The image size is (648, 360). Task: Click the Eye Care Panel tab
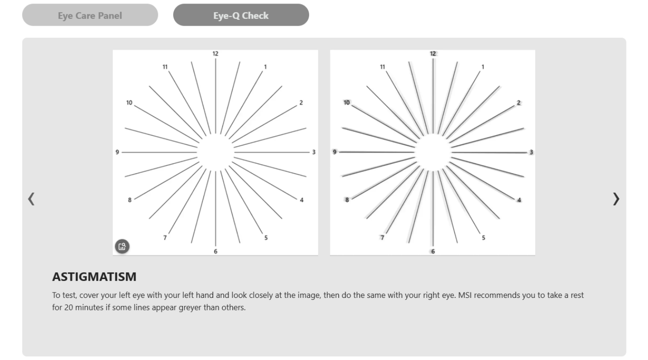point(90,15)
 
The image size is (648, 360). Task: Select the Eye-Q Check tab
point(241,15)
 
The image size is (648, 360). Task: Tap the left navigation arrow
point(31,199)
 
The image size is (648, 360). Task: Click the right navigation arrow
point(616,199)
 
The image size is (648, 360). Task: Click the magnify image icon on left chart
point(122,247)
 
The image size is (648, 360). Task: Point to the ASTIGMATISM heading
point(94,277)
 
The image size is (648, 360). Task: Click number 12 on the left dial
point(215,54)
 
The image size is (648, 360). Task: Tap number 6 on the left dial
point(216,252)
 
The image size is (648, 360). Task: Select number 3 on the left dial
point(314,152)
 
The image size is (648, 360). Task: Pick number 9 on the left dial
point(117,152)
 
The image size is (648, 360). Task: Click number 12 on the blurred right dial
point(433,54)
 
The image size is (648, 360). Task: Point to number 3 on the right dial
point(531,152)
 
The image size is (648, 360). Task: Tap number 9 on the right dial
point(334,152)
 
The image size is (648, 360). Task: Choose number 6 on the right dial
point(433,252)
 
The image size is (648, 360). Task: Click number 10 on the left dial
point(129,103)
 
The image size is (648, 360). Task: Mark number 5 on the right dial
point(483,238)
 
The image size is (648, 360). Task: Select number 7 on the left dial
point(165,238)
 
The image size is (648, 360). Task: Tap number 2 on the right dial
point(519,103)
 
